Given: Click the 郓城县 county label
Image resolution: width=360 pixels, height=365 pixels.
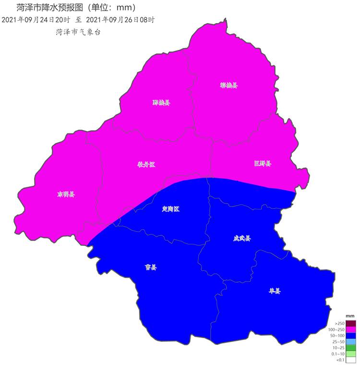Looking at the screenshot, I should point(229,85).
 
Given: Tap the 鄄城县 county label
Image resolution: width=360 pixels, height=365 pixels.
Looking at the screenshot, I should point(161,103).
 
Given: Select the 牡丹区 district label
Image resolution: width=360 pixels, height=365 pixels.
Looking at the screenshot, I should point(146,164).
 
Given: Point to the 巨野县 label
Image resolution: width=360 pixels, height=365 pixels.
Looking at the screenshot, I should point(263,164).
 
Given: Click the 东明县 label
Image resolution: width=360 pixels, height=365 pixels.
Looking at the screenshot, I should point(66,195).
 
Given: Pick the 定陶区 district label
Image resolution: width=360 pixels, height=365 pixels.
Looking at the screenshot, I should point(170,209).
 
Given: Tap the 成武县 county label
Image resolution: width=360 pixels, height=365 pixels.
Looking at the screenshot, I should point(242,238).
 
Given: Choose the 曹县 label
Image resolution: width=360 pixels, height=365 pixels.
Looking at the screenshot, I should point(151,268).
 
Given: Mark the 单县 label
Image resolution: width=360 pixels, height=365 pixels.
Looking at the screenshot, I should point(275,291).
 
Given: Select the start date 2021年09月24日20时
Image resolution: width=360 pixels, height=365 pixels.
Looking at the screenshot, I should point(36,20).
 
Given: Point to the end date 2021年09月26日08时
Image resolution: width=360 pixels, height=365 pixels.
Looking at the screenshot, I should point(120,20).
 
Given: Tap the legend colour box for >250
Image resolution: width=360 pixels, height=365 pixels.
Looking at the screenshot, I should point(351,323).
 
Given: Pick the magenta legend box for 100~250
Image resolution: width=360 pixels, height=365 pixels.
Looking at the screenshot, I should point(351,329).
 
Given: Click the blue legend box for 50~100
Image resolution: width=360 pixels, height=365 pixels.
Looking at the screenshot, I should point(351,335).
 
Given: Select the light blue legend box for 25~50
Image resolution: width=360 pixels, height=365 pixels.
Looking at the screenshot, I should point(351,341).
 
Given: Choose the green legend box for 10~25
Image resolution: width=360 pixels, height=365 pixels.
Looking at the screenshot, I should point(351,348).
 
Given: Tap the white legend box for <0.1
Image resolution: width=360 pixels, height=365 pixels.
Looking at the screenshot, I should point(351,360).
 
